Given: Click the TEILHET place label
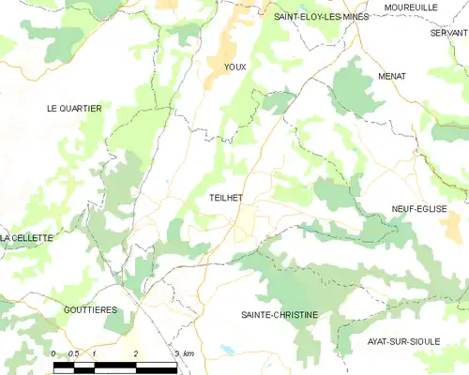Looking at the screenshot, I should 226,198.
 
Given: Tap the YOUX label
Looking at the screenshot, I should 234,67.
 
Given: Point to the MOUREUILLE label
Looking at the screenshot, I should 410,7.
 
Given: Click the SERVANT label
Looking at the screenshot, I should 448,32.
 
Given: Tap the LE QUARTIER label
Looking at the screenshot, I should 74,109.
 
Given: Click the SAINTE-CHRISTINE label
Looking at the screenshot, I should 280,315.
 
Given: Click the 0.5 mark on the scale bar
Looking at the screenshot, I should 75,352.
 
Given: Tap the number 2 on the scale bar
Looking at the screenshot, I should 137,352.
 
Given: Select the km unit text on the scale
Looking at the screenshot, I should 188,352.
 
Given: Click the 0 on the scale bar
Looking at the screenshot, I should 54,352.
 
